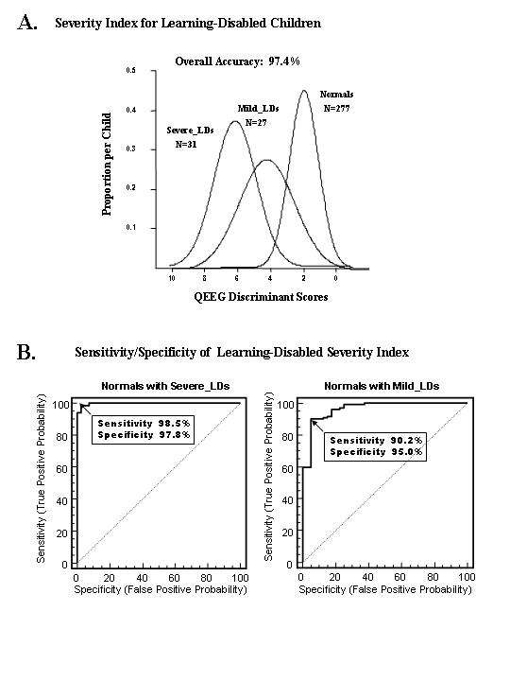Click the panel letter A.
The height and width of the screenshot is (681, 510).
pyautogui.click(x=27, y=23)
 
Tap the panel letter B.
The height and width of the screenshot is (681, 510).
pyautogui.click(x=26, y=352)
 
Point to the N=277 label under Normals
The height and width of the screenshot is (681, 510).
pyautogui.click(x=336, y=108)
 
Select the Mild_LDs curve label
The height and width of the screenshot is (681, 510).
pyautogui.click(x=258, y=108)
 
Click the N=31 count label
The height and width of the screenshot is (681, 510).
pyautogui.click(x=186, y=144)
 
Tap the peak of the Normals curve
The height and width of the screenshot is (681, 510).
pyautogui.click(x=303, y=91)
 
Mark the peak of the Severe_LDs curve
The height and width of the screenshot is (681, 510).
pyautogui.click(x=235, y=121)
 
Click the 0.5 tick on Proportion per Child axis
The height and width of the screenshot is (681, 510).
pyautogui.click(x=131, y=70)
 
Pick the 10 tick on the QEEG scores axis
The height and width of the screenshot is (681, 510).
pyautogui.click(x=172, y=278)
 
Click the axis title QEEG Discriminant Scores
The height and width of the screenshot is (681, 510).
pyautogui.click(x=261, y=297)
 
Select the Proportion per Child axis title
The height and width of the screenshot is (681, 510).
pyautogui.click(x=107, y=165)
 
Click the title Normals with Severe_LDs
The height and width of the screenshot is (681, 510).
pyautogui.click(x=165, y=386)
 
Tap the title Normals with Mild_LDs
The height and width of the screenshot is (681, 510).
pyautogui.click(x=382, y=386)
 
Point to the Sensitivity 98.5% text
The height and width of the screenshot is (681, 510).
pyautogui.click(x=144, y=424)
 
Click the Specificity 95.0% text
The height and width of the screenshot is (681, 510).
pyautogui.click(x=376, y=452)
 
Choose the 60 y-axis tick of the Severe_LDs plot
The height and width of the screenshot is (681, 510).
pyautogui.click(x=62, y=468)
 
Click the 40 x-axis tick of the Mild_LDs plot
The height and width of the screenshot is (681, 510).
pyautogui.click(x=367, y=577)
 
